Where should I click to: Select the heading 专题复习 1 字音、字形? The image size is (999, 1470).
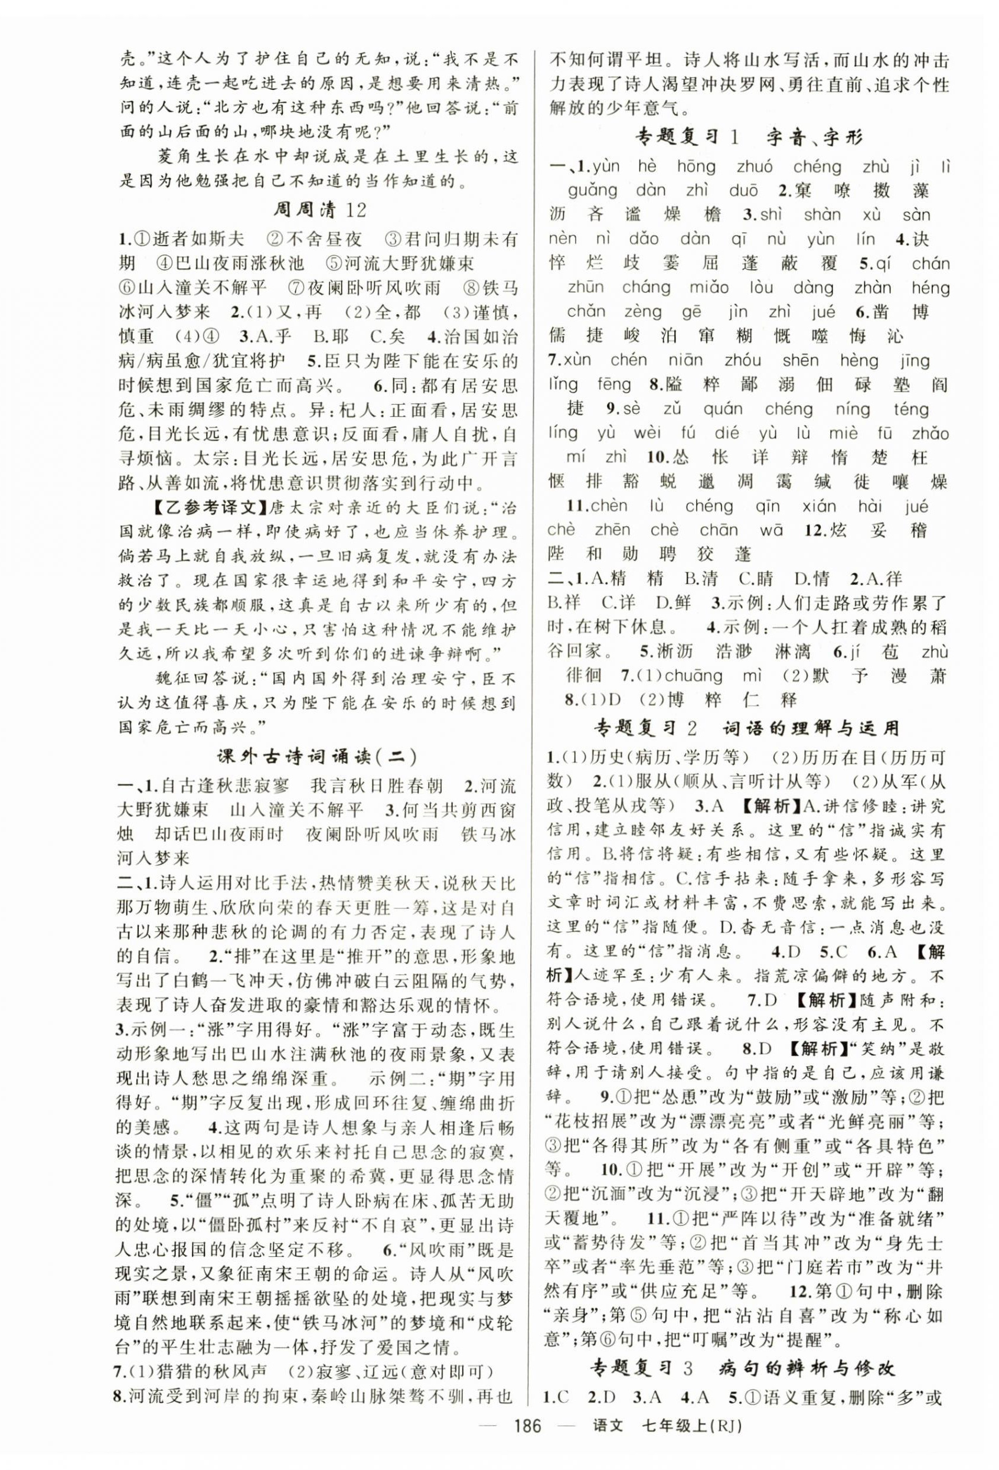coord(748,136)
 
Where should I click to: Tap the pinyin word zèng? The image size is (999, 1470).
coord(641,311)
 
